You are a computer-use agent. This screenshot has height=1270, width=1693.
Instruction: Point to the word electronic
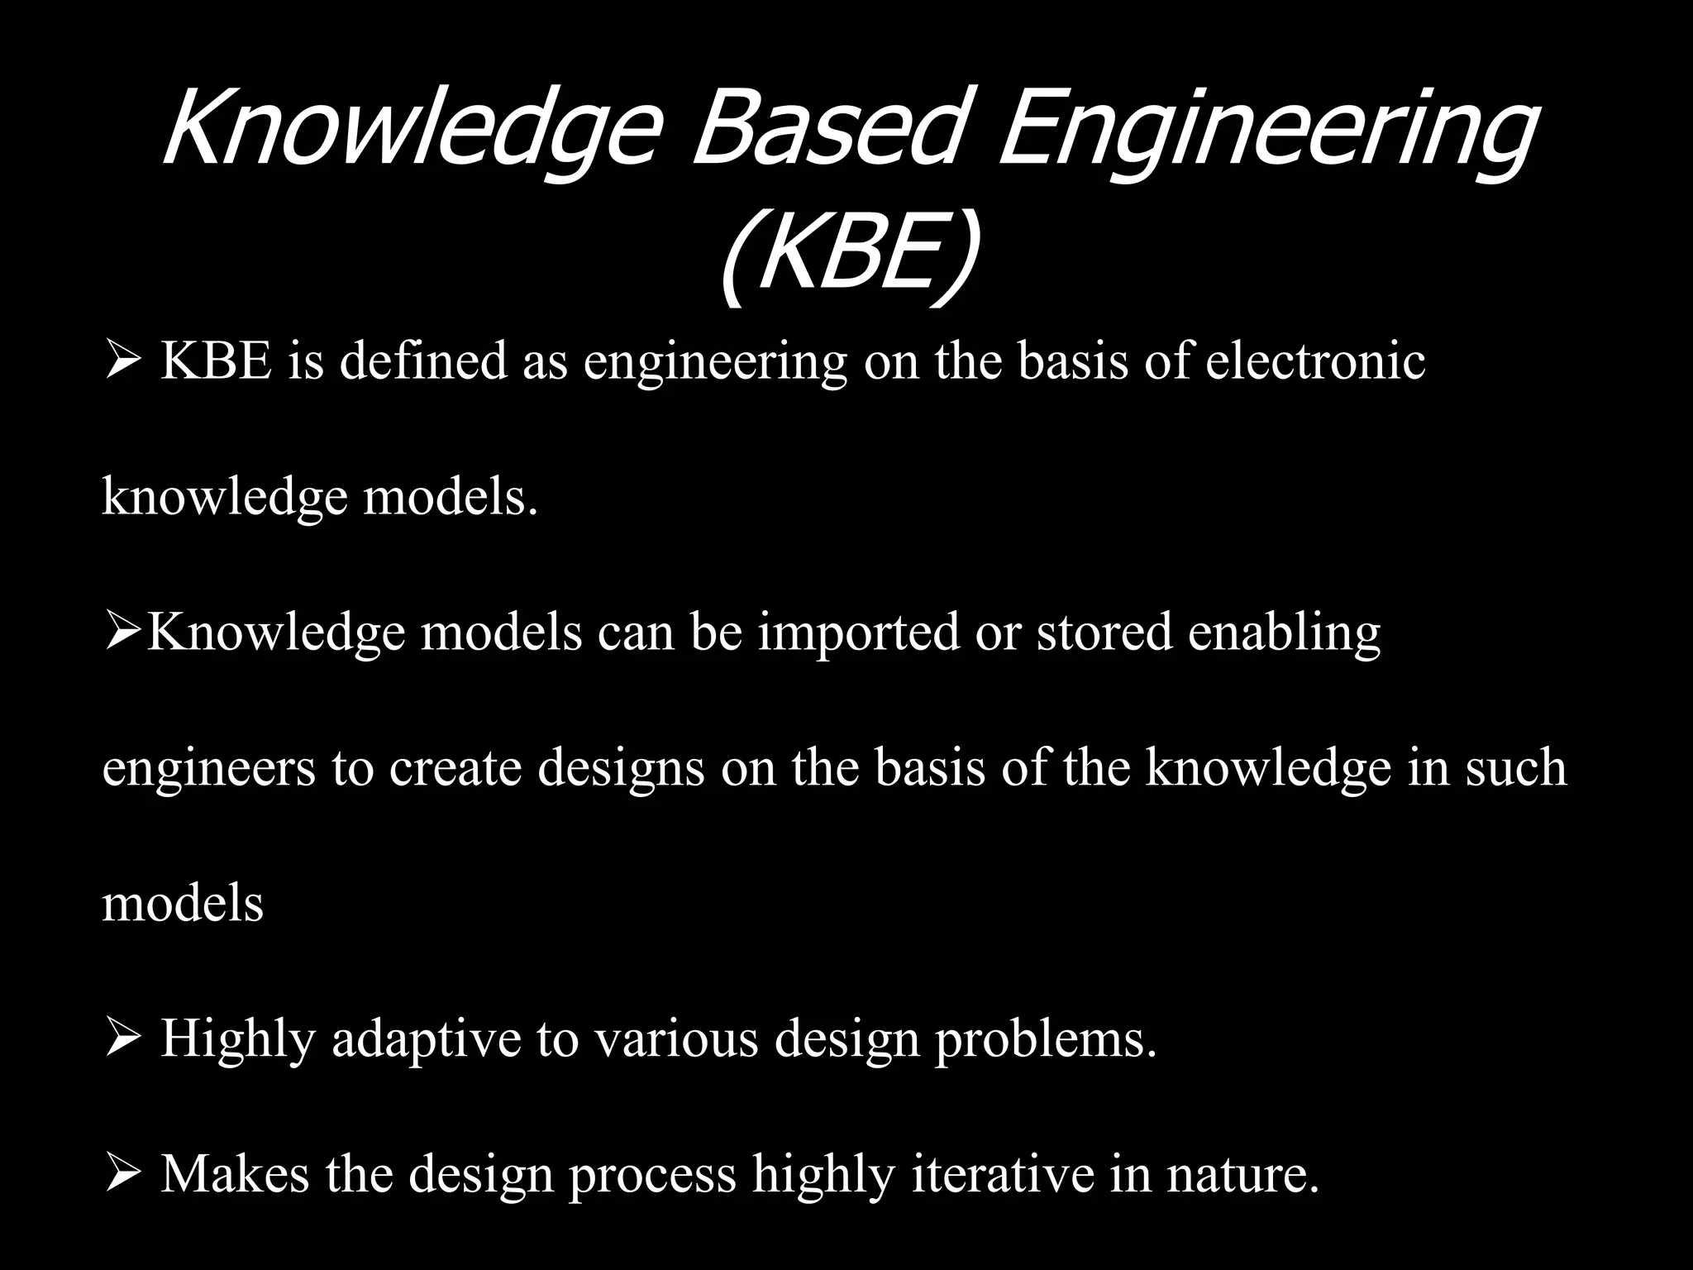(1314, 361)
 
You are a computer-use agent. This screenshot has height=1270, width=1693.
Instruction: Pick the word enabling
(1285, 633)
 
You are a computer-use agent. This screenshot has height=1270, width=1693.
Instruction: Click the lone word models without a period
(183, 903)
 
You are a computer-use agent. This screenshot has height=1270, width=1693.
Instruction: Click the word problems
(1045, 1038)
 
